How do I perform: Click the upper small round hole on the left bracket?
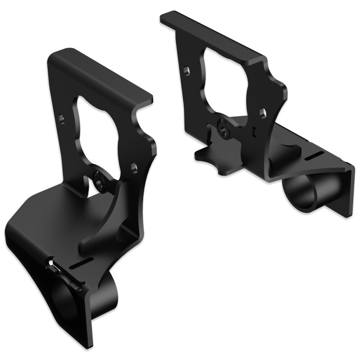(x=62, y=119)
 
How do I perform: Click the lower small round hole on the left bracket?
(x=134, y=166)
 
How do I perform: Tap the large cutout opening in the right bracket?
(x=225, y=81)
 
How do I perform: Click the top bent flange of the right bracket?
(x=211, y=36)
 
